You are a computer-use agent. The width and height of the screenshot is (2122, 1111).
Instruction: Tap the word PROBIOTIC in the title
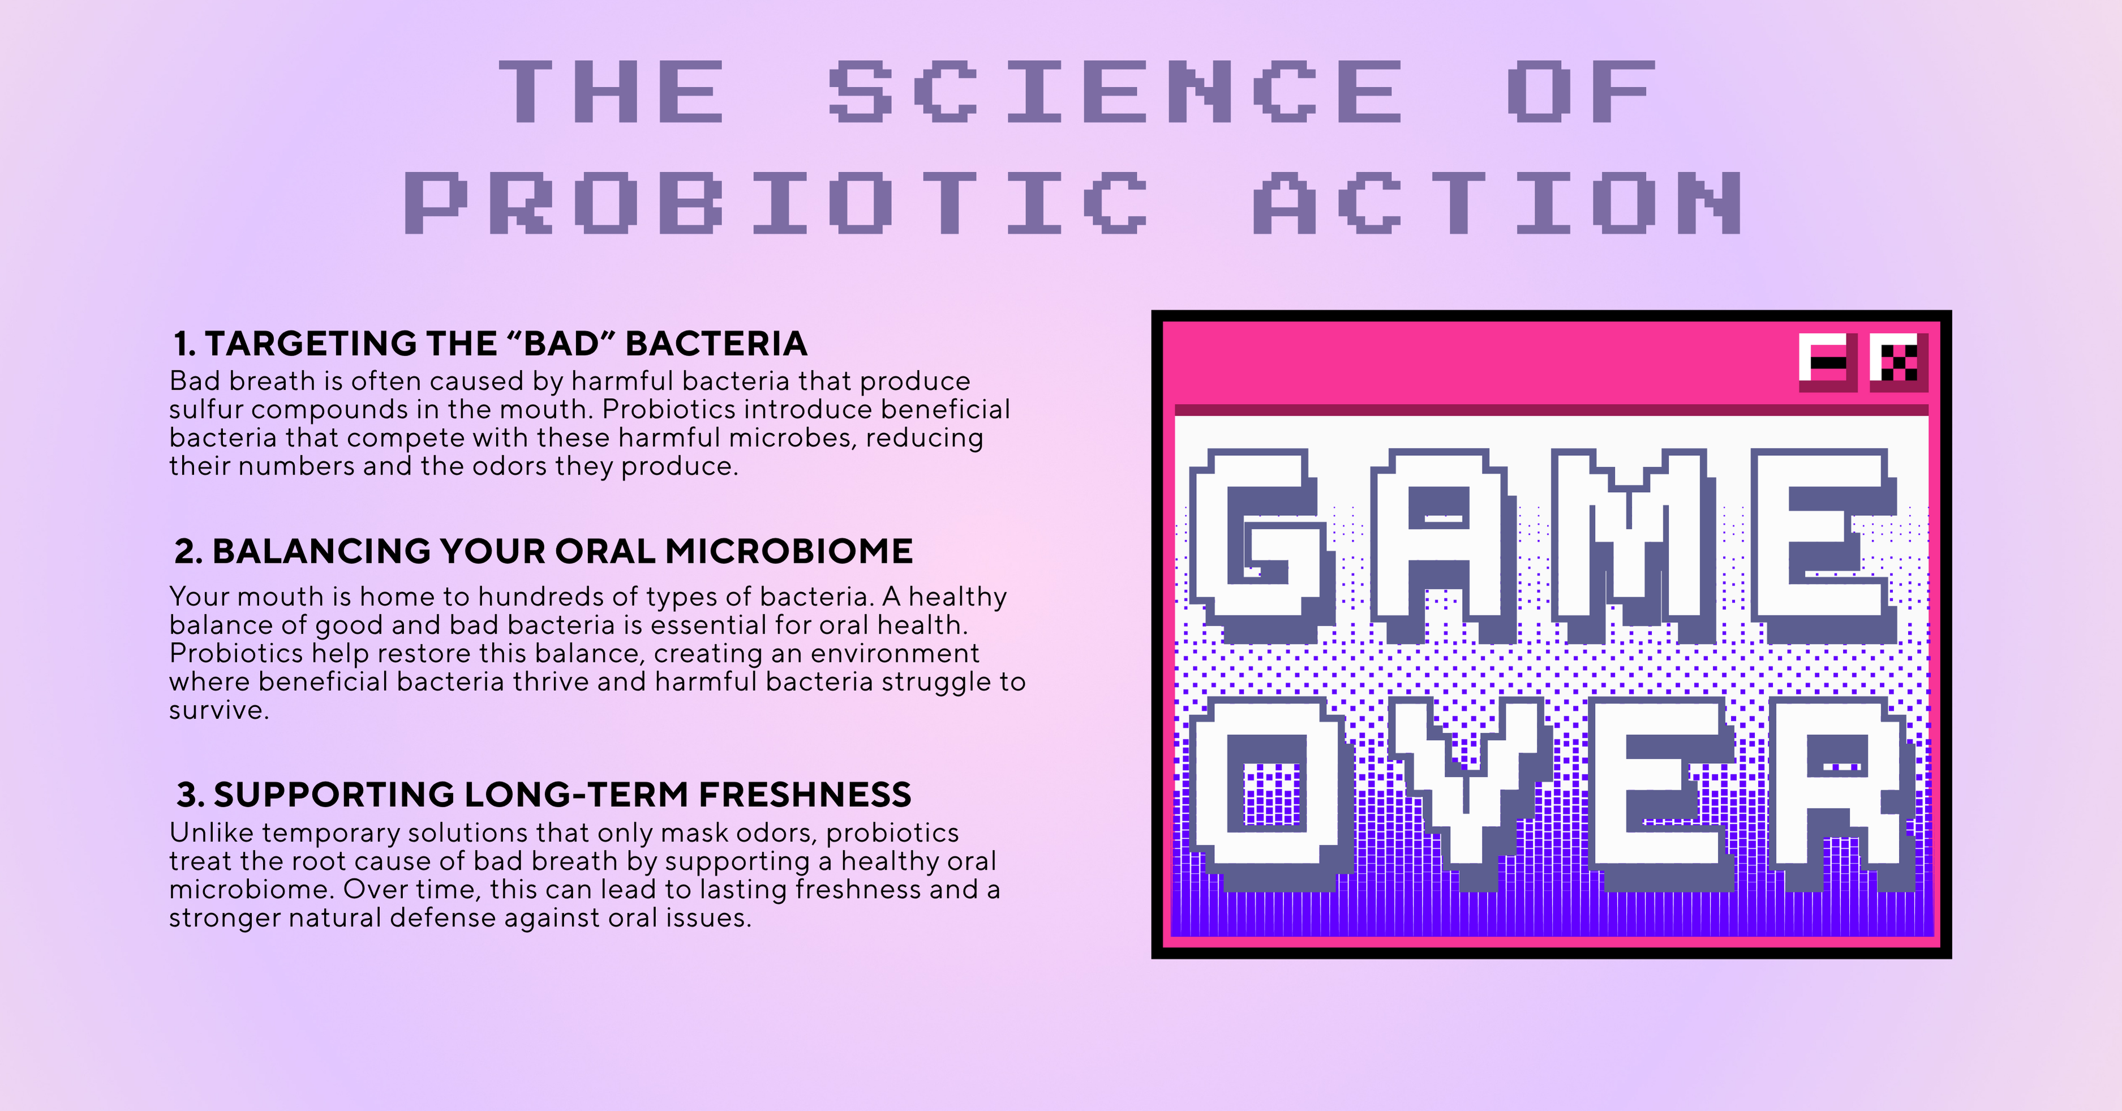(x=776, y=203)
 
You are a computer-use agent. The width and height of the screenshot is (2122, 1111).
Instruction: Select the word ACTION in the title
(x=1497, y=203)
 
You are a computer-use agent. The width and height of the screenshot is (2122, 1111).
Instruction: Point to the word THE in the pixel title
(x=611, y=92)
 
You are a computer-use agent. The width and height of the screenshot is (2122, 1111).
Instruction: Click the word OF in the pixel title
(x=1581, y=92)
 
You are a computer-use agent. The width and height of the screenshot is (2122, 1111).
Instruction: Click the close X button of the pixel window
(x=1898, y=362)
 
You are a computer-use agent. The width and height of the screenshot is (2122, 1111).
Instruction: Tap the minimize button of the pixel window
(x=1828, y=362)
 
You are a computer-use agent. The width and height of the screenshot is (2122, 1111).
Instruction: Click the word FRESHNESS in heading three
(x=805, y=794)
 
